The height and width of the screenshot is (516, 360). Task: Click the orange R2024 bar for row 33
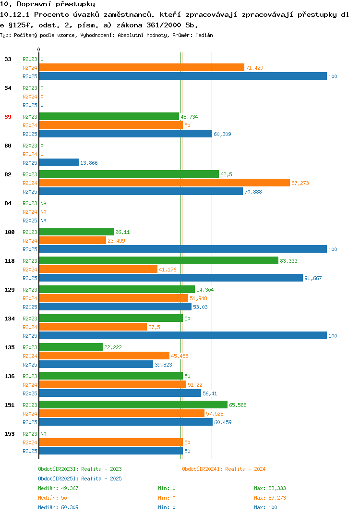tap(142, 67)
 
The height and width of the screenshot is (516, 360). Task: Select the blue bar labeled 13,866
tap(59, 162)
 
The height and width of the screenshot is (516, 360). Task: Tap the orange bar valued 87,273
tap(164, 183)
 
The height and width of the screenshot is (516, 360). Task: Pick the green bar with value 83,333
tap(159, 260)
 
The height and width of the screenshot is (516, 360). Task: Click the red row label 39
tap(8, 117)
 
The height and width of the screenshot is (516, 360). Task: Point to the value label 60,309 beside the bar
tap(222, 134)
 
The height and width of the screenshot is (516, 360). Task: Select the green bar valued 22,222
tap(71, 347)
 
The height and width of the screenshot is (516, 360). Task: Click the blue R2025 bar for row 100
tap(183, 249)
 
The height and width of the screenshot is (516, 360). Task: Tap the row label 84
tap(8, 203)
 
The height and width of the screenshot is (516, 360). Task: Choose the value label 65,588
tap(238, 405)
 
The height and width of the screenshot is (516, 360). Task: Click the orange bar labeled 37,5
tap(93, 327)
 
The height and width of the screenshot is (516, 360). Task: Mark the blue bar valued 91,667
tap(171, 278)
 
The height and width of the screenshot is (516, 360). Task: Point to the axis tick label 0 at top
tap(38, 49)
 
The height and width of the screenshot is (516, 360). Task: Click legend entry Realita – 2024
tap(224, 469)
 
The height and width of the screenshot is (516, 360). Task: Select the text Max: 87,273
tap(270, 498)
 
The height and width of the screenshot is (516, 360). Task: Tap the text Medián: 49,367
tap(58, 488)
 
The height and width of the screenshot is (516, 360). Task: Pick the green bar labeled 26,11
tap(76, 232)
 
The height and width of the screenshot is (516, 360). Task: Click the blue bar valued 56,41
tap(120, 393)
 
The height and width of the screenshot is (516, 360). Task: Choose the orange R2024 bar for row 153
tap(111, 442)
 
